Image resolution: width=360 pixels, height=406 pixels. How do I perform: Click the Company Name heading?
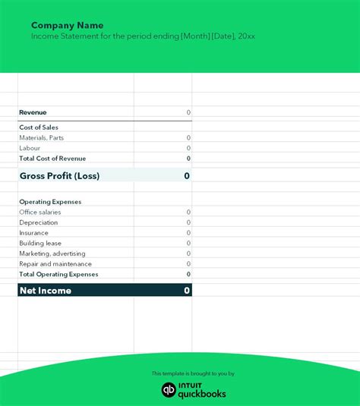pyautogui.click(x=67, y=25)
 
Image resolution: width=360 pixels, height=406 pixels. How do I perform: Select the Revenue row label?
pyautogui.click(x=33, y=112)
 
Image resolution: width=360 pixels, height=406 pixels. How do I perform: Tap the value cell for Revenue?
pyautogui.click(x=188, y=112)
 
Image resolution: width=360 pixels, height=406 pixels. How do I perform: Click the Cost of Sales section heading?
pyautogui.click(x=39, y=127)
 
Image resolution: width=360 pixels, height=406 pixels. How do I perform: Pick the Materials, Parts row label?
pyautogui.click(x=42, y=138)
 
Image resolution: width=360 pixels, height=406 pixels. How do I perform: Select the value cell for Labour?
pyautogui.click(x=188, y=148)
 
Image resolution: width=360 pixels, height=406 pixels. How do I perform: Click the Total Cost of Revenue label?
pyautogui.click(x=52, y=159)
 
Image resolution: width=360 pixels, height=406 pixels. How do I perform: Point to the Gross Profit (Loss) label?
pyautogui.click(x=59, y=176)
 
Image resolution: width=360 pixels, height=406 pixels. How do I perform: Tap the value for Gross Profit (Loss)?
pyautogui.click(x=187, y=176)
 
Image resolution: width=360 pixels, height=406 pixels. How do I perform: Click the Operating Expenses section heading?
pyautogui.click(x=50, y=202)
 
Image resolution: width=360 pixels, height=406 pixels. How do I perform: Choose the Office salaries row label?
pyautogui.click(x=40, y=212)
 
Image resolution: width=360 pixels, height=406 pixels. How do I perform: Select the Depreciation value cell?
pyautogui.click(x=188, y=222)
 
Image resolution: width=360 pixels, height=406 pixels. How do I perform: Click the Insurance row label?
pyautogui.click(x=34, y=233)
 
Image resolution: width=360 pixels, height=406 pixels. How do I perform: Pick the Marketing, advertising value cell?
pyautogui.click(x=188, y=253)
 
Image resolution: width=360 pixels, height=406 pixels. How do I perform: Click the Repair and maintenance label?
pyautogui.click(x=51, y=263)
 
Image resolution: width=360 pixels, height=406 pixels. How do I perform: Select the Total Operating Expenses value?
pyautogui.click(x=188, y=274)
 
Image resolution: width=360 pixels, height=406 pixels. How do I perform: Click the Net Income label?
pyautogui.click(x=46, y=291)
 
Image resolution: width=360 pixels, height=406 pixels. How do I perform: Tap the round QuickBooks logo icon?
pyautogui.click(x=169, y=389)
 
